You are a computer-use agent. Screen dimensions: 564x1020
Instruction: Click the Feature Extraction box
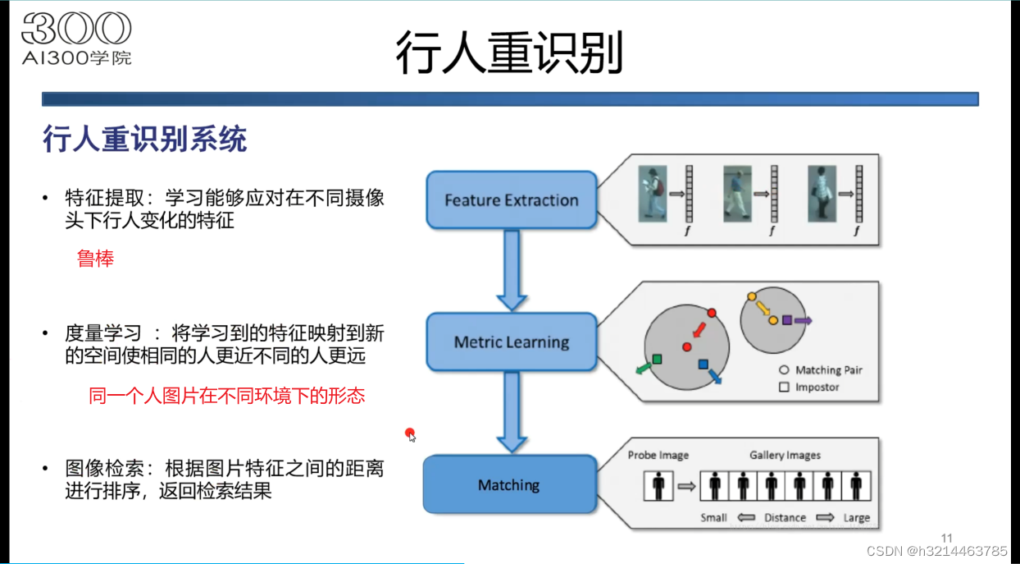pos(511,199)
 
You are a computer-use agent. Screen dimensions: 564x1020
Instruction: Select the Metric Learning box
pos(511,342)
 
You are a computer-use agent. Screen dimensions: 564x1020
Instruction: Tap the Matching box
pos(509,485)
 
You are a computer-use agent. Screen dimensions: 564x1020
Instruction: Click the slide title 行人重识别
pos(509,53)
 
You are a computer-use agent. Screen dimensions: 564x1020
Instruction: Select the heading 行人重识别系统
pos(144,140)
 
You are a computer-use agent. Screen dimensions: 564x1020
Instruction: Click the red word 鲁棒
pos(95,259)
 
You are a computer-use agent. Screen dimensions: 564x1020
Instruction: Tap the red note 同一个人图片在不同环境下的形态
pos(226,396)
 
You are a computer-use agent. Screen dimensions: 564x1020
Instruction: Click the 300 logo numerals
pos(76,30)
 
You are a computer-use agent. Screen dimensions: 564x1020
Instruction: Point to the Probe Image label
pos(658,455)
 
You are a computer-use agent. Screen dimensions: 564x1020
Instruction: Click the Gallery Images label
pos(784,455)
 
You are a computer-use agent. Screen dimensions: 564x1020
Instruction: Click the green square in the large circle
pos(657,360)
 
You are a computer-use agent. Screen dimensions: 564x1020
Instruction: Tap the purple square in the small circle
pos(787,320)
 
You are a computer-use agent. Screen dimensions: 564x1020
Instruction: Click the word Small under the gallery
pos(713,517)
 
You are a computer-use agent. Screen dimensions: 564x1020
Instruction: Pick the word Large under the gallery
pos(856,517)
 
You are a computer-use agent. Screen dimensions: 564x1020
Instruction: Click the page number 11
pos(947,539)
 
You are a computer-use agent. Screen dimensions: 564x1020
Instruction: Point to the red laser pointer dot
pos(409,433)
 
